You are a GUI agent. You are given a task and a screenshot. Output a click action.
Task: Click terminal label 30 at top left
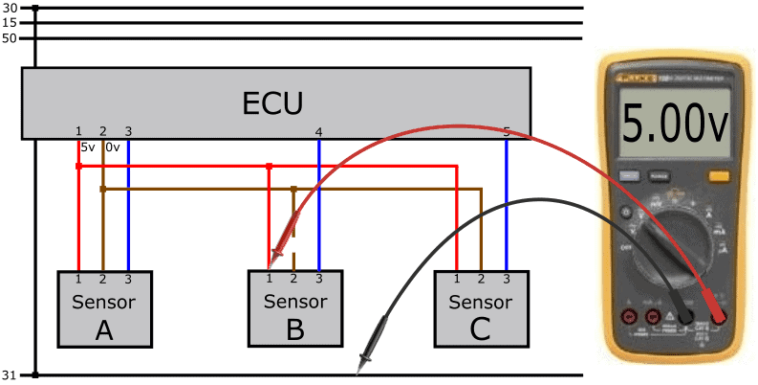[x=11, y=8]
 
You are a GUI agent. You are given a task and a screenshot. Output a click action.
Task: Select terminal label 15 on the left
[x=11, y=22]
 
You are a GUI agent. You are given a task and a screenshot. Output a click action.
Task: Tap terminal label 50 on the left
[x=11, y=38]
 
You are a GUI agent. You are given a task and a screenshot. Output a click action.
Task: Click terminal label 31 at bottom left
[x=11, y=374]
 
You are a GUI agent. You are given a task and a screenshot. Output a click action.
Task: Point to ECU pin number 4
[x=318, y=131]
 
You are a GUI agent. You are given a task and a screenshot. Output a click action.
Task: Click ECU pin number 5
[x=506, y=131]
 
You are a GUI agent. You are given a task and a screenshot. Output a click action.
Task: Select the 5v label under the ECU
[x=88, y=147]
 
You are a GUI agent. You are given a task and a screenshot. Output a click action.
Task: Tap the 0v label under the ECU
[x=112, y=147]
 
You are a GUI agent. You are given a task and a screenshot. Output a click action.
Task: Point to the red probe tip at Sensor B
[x=275, y=257]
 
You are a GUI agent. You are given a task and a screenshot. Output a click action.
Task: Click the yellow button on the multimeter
[x=718, y=175]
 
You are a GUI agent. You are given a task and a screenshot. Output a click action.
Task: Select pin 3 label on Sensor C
[x=506, y=278]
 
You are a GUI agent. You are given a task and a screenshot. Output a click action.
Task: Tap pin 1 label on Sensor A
[x=78, y=278]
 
